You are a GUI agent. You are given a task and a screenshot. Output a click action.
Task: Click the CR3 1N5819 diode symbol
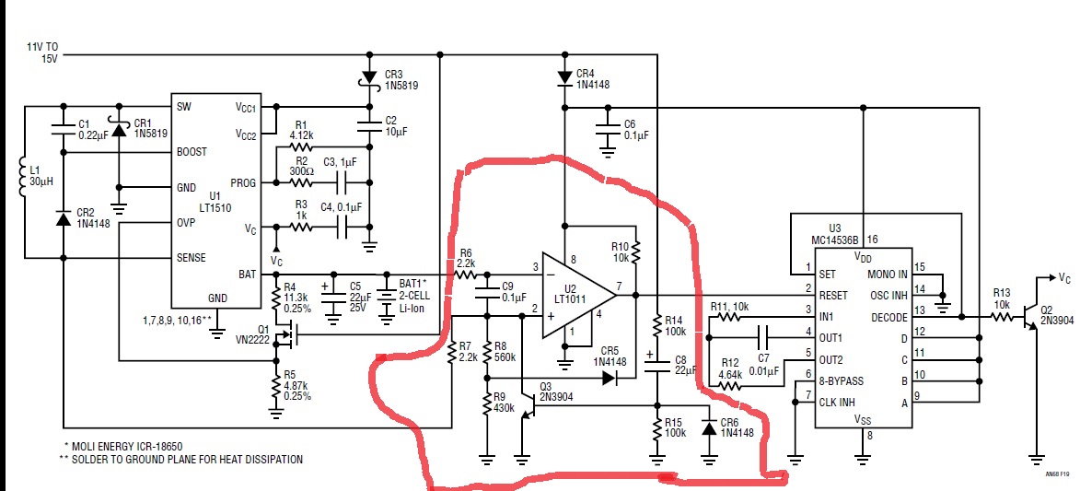(368, 77)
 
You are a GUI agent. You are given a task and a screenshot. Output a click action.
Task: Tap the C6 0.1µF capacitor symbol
(608, 129)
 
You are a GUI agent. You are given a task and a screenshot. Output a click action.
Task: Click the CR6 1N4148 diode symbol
(709, 427)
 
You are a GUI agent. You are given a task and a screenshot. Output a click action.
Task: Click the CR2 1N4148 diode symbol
(63, 219)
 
